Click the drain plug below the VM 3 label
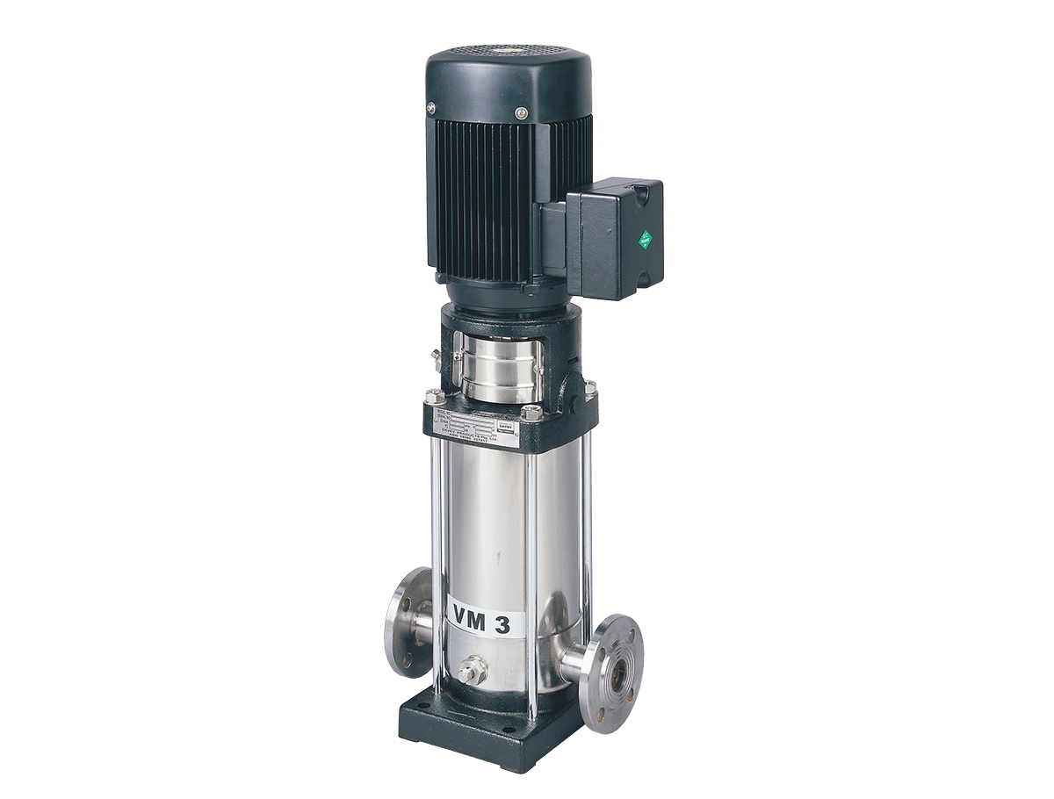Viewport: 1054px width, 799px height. point(466,673)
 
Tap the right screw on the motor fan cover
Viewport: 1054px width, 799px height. point(522,113)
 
